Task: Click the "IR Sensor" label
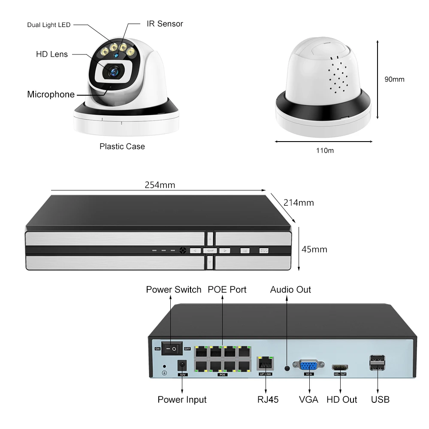coord(165,24)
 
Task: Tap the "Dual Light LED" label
coord(49,25)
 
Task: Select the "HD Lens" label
coord(52,54)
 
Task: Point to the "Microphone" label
coord(51,94)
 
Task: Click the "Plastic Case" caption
coord(122,146)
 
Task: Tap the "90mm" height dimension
coord(394,79)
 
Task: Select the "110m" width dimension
coord(324,151)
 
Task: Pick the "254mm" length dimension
coord(160,185)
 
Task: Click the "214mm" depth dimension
coord(299,202)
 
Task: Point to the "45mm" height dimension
coord(314,249)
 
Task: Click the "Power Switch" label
coord(173,290)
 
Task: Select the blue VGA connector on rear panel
coord(308,366)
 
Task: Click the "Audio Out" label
coord(290,290)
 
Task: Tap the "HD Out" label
coord(341,399)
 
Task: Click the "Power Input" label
coord(182,399)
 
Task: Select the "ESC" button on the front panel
coord(263,251)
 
